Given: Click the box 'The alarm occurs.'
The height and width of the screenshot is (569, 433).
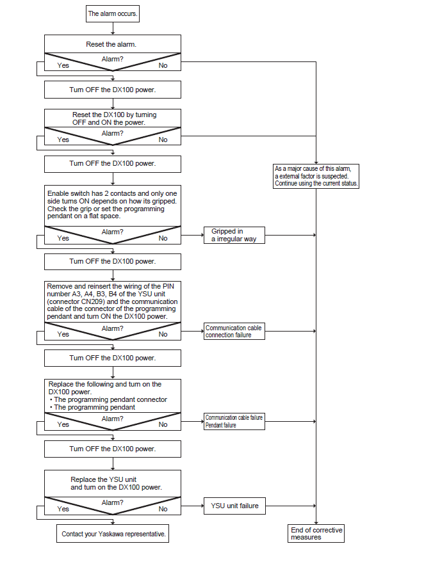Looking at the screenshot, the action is coord(113,14).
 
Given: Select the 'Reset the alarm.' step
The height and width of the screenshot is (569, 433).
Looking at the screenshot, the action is coord(111,44).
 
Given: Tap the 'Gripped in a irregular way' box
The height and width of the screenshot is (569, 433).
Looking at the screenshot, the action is coord(234,235).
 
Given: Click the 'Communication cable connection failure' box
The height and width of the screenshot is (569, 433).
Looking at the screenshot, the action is coord(234,332).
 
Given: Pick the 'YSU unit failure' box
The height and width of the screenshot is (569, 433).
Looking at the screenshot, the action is coord(234,506).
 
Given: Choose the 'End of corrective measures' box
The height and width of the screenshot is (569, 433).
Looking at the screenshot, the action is coord(316,533).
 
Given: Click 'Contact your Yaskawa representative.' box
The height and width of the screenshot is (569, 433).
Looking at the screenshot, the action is coord(113,533).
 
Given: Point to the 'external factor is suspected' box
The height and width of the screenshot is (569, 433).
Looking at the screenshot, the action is coord(316,177).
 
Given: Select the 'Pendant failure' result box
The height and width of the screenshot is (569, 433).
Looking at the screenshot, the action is coord(234,422).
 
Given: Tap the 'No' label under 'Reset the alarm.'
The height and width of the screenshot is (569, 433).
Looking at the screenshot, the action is coord(163,66).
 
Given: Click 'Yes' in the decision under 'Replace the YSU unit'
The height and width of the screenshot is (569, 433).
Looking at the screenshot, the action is coord(63,509).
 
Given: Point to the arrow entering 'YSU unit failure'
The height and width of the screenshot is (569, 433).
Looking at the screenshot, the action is coord(193,506).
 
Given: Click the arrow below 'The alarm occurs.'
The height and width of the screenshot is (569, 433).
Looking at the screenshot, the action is coord(113,28).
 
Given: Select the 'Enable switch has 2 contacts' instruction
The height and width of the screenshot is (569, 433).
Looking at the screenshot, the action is coord(112,205).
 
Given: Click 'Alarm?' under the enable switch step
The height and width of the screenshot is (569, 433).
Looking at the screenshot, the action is coord(112,232).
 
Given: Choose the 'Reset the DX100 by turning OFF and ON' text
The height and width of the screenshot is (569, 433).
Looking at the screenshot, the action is coord(114,118).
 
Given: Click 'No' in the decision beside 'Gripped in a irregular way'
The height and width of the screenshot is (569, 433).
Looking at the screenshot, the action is coord(163,238).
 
